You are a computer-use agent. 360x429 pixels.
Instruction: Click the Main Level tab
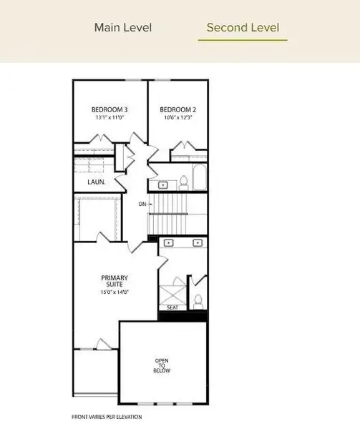[x=123, y=28]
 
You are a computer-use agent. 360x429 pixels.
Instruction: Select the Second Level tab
[x=243, y=28]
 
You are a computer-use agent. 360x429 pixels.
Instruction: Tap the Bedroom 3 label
[x=110, y=109]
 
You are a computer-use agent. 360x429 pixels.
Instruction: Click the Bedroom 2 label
[x=178, y=109]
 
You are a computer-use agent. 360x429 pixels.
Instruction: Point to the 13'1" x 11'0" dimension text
[x=110, y=117]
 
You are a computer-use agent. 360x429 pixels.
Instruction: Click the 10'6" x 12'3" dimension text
[x=178, y=117]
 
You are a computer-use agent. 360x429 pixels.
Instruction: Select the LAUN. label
[x=97, y=182]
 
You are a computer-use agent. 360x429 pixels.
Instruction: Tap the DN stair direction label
[x=142, y=204]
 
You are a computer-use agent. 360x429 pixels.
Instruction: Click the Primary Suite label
[x=115, y=281]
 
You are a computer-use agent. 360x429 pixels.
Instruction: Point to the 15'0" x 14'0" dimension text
[x=115, y=292]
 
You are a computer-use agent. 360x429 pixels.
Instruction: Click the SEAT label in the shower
[x=172, y=307]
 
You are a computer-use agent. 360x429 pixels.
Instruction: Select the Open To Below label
[x=162, y=365]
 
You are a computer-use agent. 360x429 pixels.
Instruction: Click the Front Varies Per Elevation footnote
[x=107, y=417]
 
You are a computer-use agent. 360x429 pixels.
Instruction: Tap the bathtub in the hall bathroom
[x=199, y=177]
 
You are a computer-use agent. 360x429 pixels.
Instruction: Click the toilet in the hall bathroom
[x=184, y=183]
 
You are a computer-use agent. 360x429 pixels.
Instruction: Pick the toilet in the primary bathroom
[x=198, y=302]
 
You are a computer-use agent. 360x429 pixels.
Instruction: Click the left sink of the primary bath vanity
[x=169, y=242]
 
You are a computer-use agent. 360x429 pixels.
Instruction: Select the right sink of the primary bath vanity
[x=198, y=242]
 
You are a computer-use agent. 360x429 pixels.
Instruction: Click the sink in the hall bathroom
[x=163, y=185]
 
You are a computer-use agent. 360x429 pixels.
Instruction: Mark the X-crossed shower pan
[x=172, y=295]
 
